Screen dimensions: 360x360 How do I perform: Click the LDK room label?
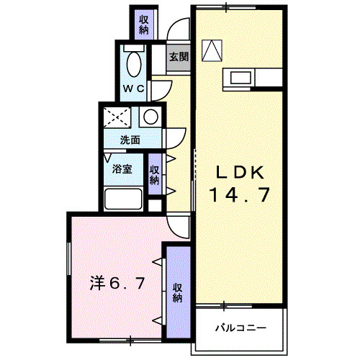pos(242,173)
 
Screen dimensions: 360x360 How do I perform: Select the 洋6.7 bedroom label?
pos(119,282)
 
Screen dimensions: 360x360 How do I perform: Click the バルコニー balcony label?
pos(241,328)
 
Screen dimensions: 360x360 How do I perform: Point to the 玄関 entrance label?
pos(179,56)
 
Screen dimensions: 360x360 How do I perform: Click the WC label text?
pos(133,89)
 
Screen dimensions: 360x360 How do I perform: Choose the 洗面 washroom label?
pos(130,140)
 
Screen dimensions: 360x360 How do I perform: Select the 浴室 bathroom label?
pos(122,169)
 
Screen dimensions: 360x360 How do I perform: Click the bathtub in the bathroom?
pos(123,199)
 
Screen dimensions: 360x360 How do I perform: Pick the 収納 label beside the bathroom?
pos(154,175)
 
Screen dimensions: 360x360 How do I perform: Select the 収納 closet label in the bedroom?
pos(176,292)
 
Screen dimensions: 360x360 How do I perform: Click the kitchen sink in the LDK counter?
pos(240,76)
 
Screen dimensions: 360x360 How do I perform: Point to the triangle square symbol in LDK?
pos(212,50)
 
